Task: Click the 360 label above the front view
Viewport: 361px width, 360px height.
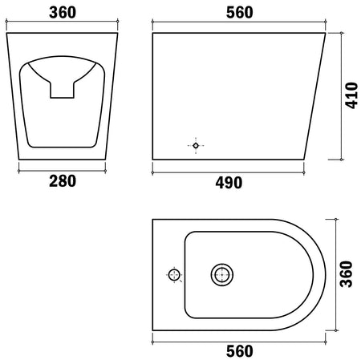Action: point(63,12)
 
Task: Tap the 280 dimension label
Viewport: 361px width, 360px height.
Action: point(63,181)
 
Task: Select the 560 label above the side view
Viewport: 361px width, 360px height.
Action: point(240,12)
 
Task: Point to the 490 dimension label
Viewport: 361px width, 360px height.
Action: point(229,183)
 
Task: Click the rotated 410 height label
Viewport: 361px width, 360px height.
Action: point(351,95)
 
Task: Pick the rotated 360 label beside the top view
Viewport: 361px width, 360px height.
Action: point(347,274)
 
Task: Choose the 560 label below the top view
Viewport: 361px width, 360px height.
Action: point(240,351)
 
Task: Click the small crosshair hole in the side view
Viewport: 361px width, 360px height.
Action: point(196,146)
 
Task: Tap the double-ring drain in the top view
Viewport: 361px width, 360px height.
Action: point(222,274)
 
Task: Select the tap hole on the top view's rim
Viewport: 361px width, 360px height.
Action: point(174,275)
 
